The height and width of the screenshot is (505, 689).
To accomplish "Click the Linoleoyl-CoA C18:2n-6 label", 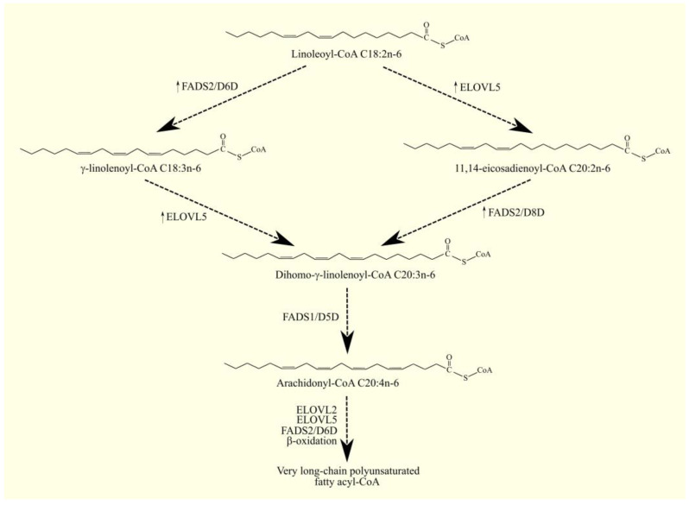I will (345, 54).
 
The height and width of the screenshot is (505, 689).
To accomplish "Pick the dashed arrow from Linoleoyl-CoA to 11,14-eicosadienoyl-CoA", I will (460, 102).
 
